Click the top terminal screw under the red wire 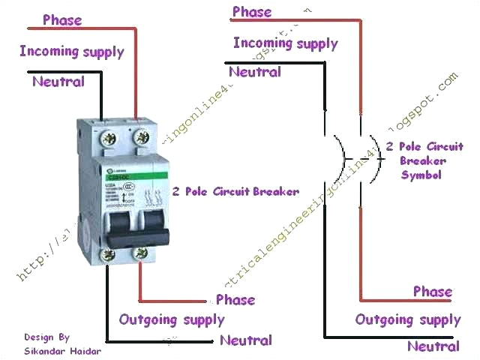[x=140, y=137]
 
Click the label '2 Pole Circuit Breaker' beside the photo [x=235, y=190]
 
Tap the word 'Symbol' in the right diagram [x=422, y=175]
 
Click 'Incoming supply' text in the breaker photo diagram [x=72, y=52]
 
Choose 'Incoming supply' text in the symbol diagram [x=285, y=43]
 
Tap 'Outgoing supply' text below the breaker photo [x=172, y=319]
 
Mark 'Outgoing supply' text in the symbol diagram [x=408, y=320]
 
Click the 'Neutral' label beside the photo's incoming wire [x=58, y=81]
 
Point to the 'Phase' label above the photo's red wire [x=62, y=19]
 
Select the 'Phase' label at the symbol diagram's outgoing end [x=433, y=291]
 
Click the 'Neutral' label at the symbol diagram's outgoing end [x=433, y=346]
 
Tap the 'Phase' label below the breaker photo [x=235, y=299]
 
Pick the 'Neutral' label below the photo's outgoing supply [x=246, y=340]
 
